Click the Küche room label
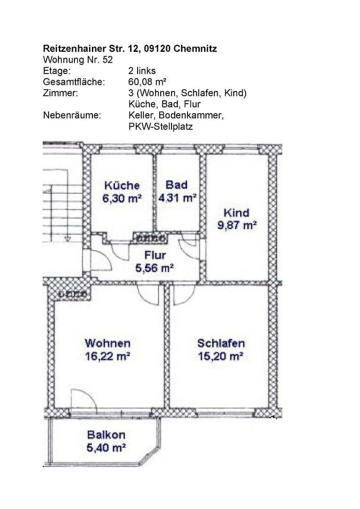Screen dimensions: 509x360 click(x=122, y=185)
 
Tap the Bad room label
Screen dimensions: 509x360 click(x=176, y=185)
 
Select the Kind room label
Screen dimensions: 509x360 click(x=237, y=213)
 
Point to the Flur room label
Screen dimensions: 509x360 click(x=155, y=255)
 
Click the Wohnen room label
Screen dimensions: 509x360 click(x=107, y=343)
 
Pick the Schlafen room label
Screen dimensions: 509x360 click(x=221, y=343)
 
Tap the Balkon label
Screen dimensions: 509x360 click(x=106, y=435)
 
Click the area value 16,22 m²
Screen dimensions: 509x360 click(x=107, y=356)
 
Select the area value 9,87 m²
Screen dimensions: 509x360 click(x=237, y=225)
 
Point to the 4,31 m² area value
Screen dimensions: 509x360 click(x=177, y=198)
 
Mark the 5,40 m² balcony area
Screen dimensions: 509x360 click(x=106, y=448)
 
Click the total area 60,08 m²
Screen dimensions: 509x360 click(x=147, y=82)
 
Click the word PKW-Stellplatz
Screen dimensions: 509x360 click(x=160, y=127)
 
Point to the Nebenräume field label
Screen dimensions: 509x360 click(x=72, y=115)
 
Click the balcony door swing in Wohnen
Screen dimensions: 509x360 click(x=83, y=401)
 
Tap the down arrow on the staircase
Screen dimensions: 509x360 click(x=68, y=238)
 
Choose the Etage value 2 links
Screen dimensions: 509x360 click(x=142, y=71)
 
